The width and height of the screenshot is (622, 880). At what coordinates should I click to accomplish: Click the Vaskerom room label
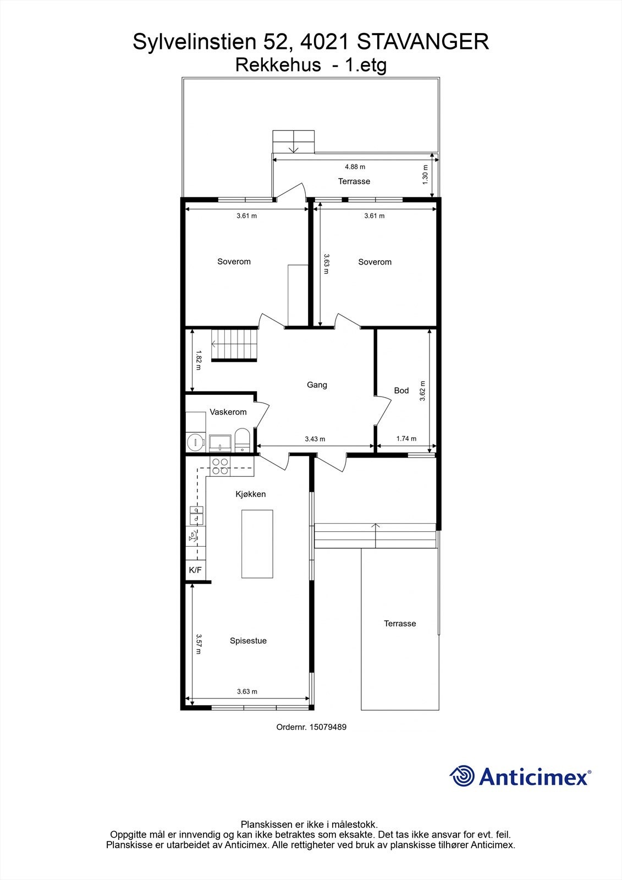[228, 412]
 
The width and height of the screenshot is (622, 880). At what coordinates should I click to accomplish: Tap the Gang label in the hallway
[317, 385]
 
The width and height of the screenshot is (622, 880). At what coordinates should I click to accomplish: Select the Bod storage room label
[401, 391]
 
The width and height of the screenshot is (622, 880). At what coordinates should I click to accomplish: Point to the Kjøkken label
[251, 494]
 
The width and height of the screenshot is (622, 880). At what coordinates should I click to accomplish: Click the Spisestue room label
[248, 641]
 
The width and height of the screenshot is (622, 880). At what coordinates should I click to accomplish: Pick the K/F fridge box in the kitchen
[195, 570]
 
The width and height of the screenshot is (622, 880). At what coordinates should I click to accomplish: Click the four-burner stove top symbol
[221, 466]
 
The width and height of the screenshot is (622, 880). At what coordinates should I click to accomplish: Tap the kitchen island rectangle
[257, 543]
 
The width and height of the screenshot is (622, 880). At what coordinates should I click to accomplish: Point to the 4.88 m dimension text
[355, 167]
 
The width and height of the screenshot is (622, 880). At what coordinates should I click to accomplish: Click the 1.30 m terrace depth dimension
[425, 175]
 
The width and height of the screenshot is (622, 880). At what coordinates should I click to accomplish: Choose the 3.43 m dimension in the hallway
[315, 439]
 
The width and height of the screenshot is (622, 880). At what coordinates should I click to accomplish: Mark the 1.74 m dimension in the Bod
[406, 439]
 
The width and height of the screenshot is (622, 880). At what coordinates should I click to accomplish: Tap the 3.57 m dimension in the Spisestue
[199, 643]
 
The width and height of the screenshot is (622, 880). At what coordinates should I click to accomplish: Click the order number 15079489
[328, 727]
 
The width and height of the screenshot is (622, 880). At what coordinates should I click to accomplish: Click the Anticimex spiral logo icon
[462, 776]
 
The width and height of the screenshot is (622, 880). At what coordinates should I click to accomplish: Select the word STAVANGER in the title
[422, 42]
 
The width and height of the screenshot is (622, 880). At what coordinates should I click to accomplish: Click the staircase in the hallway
[234, 344]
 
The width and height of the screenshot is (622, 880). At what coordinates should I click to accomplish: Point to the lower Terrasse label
[400, 624]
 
